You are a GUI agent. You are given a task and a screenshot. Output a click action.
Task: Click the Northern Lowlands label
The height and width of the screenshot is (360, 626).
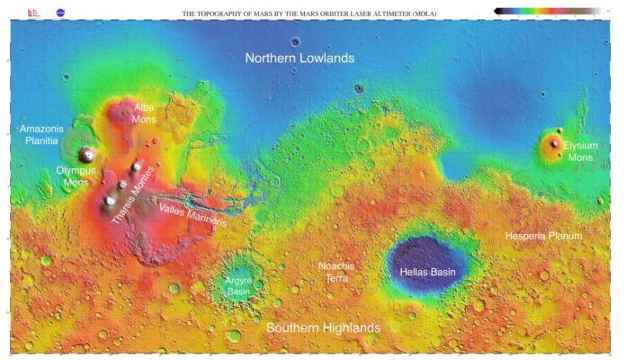pyautogui.click(x=300, y=58)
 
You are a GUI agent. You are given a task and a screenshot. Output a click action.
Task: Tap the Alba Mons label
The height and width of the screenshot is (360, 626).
pyautogui.click(x=144, y=113)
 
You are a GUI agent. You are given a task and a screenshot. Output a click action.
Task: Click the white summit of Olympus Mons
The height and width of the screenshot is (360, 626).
pyautogui.click(x=87, y=155)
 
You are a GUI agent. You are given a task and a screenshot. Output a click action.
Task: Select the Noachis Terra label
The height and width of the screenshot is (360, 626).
pyautogui.click(x=337, y=273)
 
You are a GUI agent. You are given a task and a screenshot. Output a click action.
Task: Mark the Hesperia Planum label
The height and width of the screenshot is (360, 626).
pyautogui.click(x=543, y=236)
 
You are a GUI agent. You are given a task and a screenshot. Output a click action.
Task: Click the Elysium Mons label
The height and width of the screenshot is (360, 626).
pyautogui.click(x=579, y=151)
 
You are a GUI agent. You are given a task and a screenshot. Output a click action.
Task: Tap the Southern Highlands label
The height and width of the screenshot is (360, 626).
pyautogui.click(x=323, y=328)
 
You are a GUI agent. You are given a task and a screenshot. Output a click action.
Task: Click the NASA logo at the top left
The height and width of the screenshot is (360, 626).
pyautogui.click(x=60, y=13)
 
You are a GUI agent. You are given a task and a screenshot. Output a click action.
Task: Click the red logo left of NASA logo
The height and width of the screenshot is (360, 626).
pyautogui.click(x=34, y=13)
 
